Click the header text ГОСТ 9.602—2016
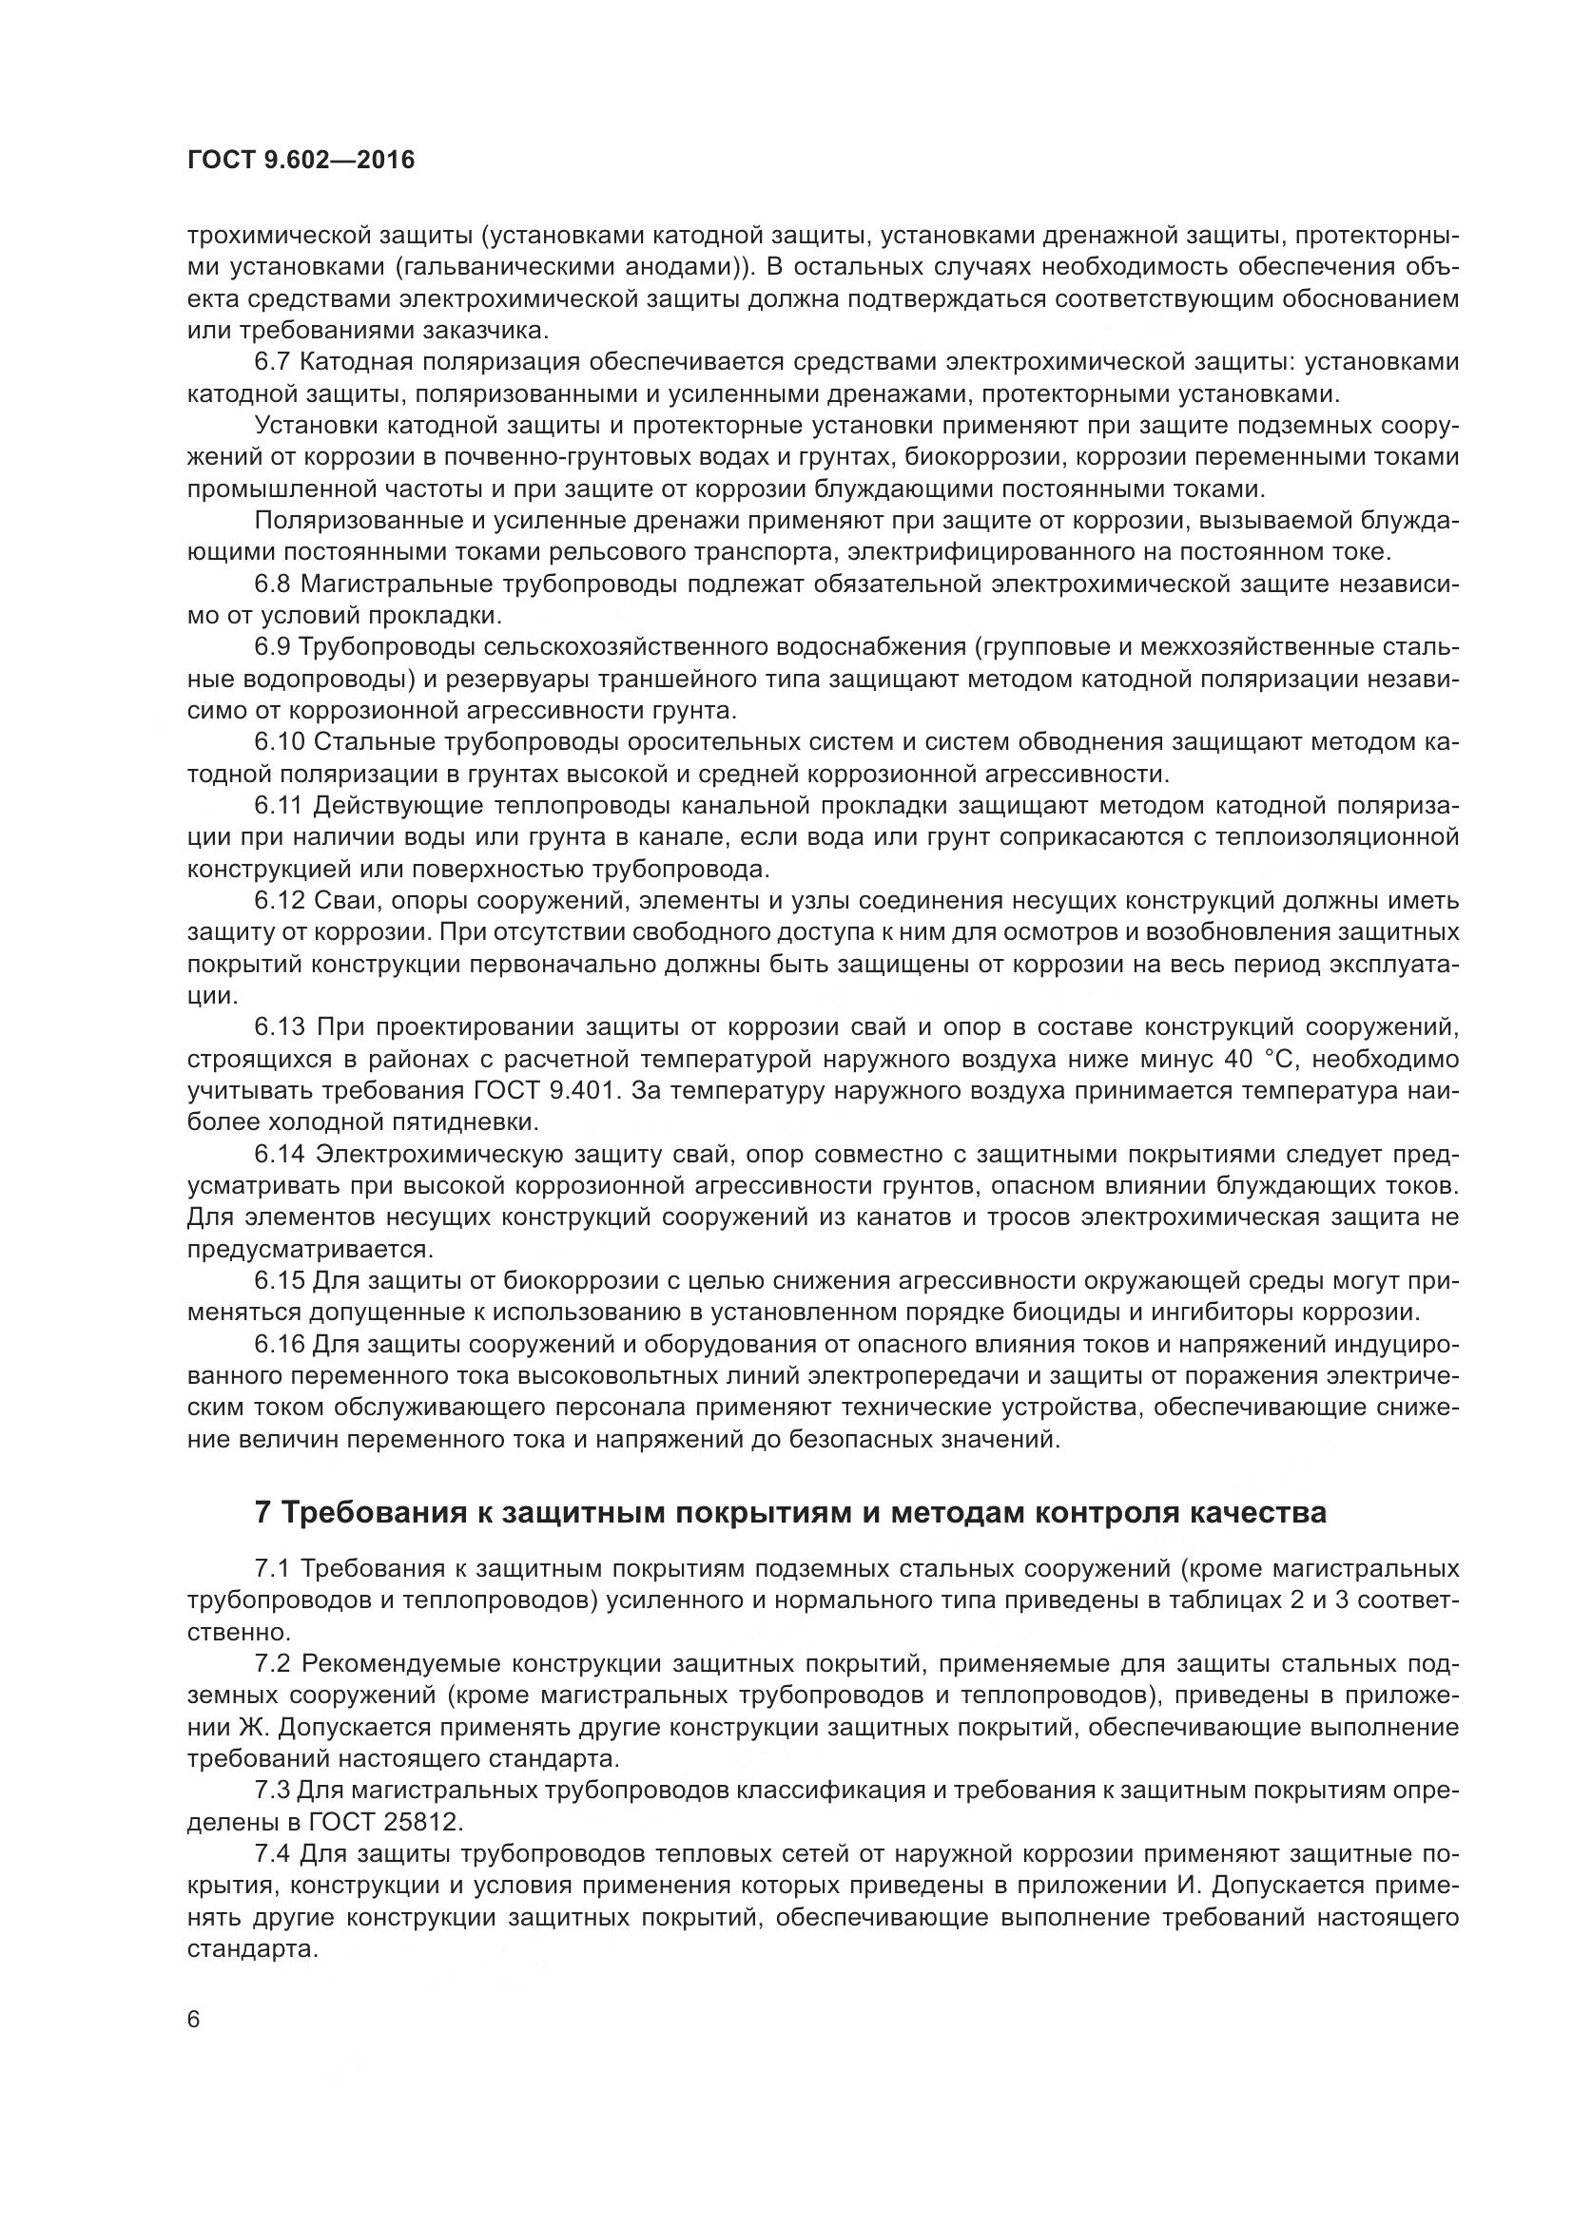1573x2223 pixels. tap(301, 161)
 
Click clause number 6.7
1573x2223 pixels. tap(273, 362)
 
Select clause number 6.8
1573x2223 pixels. tap(273, 584)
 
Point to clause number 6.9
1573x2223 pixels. tap(273, 647)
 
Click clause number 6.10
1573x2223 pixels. tap(280, 741)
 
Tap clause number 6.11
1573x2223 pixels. tap(280, 806)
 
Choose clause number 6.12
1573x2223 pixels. tap(280, 900)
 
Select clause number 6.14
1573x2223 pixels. tap(280, 1154)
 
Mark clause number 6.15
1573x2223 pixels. tap(280, 1281)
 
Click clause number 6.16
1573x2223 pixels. tap(280, 1345)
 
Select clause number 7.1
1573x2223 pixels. tap(273, 1567)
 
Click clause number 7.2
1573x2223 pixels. tap(273, 1663)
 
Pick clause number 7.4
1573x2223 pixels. tap(273, 1853)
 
